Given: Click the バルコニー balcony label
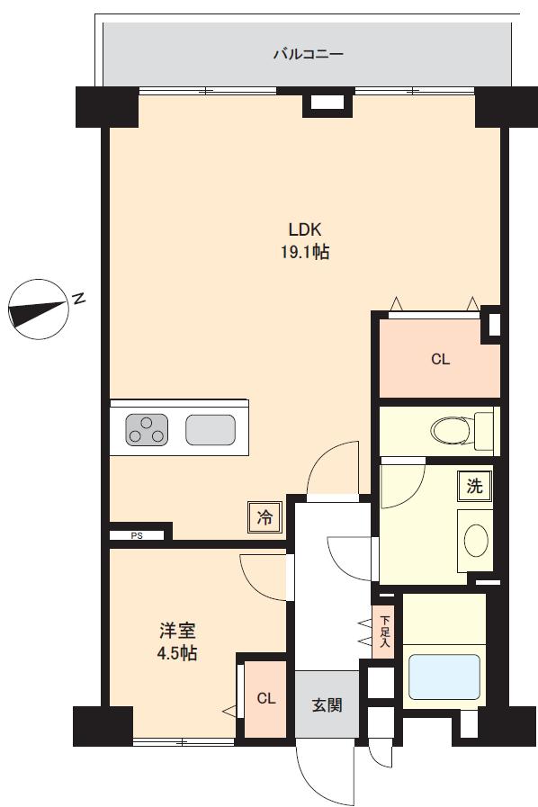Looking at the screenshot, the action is (308, 53).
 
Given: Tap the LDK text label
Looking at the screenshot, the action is (305, 229).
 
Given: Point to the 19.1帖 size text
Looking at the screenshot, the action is (305, 252).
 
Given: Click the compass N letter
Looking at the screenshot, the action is (78, 299).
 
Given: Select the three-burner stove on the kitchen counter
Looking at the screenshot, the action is (147, 430).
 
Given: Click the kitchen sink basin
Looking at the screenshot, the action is (211, 430).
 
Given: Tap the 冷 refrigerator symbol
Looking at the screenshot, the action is (265, 517).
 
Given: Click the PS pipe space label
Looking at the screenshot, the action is (137, 536).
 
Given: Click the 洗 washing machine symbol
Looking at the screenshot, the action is (474, 487).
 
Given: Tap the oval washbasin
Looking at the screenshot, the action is (476, 541).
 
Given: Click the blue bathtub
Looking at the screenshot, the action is (444, 677).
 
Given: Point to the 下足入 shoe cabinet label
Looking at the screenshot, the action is (385, 632).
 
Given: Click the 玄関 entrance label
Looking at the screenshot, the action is (327, 704).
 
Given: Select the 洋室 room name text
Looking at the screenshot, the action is (177, 631).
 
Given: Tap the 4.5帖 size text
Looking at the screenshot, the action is (177, 653).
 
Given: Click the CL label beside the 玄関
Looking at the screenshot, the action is (266, 698).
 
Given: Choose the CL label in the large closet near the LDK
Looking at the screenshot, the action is (440, 359).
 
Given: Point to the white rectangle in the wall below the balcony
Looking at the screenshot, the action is (327, 103).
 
